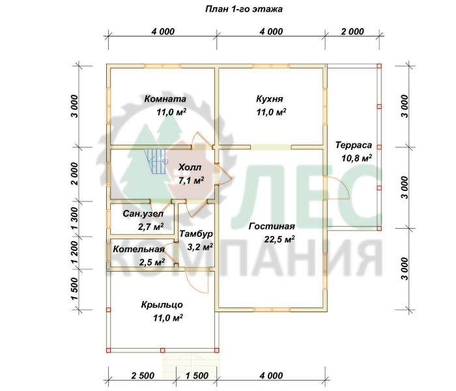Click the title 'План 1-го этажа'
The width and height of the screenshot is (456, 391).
(244, 9)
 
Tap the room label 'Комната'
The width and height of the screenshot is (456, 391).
(165, 99)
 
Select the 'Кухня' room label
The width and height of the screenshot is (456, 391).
(269, 99)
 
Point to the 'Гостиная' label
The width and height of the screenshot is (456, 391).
(272, 226)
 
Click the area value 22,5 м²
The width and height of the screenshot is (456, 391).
(279, 239)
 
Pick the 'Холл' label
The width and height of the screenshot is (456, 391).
(190, 167)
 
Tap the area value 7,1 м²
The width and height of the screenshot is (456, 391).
(191, 181)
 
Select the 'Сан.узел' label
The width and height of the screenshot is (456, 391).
(143, 214)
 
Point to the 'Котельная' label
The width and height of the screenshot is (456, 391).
(139, 250)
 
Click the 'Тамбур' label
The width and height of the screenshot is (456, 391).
(196, 234)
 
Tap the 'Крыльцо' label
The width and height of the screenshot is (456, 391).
(162, 304)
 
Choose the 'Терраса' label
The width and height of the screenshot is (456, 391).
(354, 145)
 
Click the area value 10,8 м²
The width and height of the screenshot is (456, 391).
(356, 158)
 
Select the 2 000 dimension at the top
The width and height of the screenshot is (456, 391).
(352, 31)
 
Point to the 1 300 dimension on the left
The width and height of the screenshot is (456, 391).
(74, 218)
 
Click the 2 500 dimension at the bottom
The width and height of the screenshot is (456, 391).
(143, 375)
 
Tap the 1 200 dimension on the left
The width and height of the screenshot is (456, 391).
(74, 253)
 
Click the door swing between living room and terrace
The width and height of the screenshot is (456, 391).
(337, 188)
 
